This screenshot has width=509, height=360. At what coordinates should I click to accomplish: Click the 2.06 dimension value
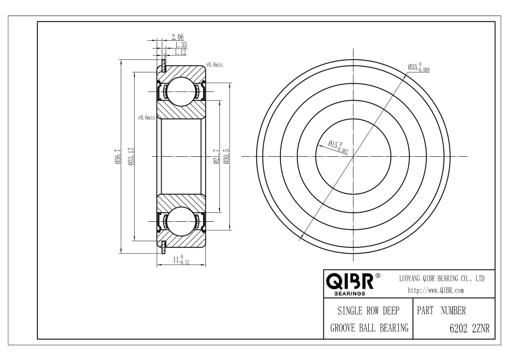[178, 37]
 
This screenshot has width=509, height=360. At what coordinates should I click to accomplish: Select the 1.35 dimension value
[181, 45]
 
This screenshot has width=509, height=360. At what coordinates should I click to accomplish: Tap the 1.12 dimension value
[180, 52]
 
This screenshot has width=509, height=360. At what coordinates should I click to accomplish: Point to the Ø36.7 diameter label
[118, 157]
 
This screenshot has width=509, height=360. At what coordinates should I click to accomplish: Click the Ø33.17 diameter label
[131, 157]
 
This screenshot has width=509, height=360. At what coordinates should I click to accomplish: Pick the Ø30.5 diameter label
[226, 156]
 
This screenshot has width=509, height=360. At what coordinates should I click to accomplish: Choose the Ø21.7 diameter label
[217, 156]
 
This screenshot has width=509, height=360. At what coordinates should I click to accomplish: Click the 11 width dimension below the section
[181, 260]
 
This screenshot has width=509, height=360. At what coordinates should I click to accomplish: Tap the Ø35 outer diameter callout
[419, 67]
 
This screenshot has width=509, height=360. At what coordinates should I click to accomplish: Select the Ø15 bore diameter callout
[338, 146]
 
